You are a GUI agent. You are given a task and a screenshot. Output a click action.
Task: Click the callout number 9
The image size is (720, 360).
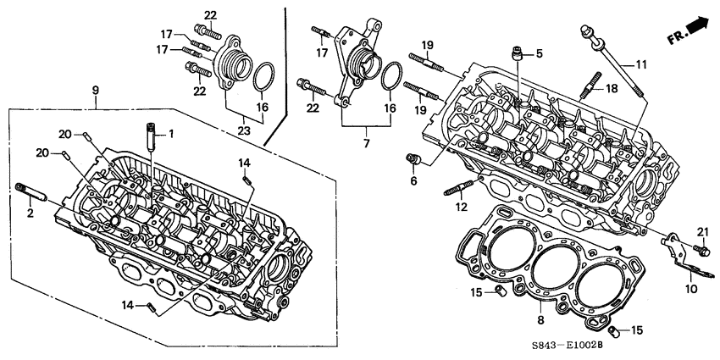point(95,90)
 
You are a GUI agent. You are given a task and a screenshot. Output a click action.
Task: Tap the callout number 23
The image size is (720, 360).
point(244,131)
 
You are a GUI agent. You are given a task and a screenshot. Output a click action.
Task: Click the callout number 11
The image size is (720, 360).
point(640,64)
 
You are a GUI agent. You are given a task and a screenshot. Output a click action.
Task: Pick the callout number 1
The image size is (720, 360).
point(170,133)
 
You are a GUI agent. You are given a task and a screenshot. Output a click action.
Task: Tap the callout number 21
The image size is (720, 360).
point(702,232)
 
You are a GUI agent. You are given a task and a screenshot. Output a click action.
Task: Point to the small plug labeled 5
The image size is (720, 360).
point(516,57)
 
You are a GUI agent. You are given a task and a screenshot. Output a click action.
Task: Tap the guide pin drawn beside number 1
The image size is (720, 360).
point(151,136)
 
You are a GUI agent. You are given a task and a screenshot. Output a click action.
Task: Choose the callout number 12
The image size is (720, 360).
point(462,207)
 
